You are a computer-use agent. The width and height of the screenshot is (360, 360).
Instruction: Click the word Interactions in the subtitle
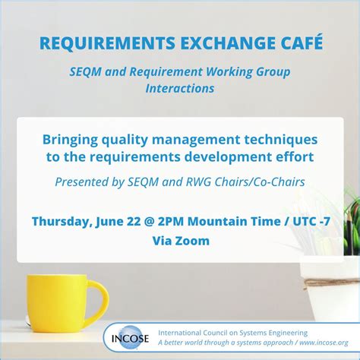click(x=180, y=89)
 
